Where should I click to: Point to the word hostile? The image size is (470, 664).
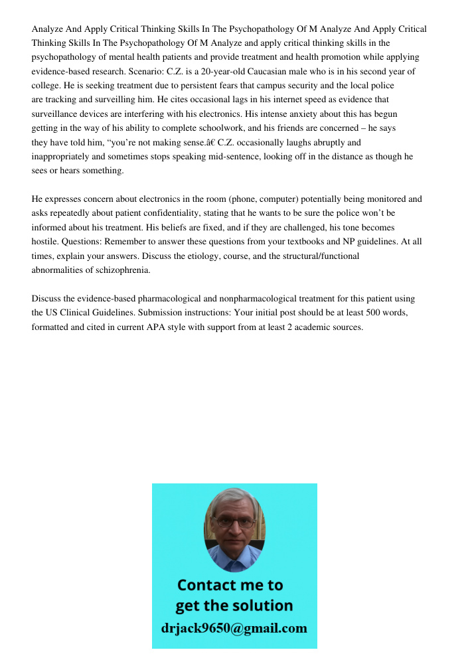[46, 242]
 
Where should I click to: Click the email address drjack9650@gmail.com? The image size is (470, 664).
[234, 628]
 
